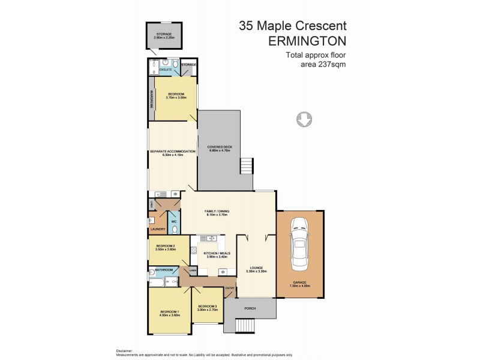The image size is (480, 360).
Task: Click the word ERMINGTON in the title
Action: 308,41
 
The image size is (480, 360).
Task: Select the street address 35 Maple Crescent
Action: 292,26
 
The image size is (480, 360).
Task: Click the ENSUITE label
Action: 166,70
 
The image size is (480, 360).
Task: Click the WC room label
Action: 174,222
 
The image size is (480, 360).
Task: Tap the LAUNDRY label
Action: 158,229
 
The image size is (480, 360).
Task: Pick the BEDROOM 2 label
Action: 166,247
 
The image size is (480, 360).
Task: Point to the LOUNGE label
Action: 256,268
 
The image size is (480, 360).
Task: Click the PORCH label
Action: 250,309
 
